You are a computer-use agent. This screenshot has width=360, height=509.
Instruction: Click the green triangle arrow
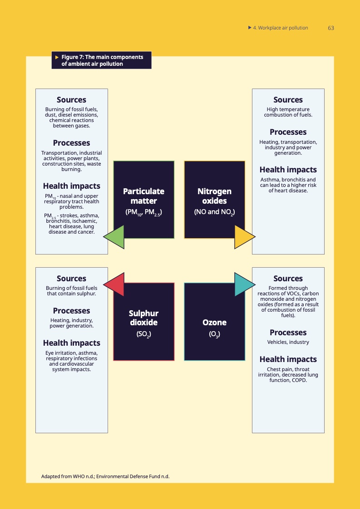tap(115, 236)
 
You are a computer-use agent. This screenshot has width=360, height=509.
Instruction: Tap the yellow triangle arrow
tap(243, 236)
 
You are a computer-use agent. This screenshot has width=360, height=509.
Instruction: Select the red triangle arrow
tap(115, 284)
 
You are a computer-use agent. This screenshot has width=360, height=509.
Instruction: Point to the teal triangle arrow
tap(243, 284)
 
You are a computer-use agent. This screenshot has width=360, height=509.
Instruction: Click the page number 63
tap(330, 28)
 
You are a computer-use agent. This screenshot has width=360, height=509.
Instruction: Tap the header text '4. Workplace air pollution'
tap(280, 28)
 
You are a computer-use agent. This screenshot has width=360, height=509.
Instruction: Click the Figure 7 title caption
tap(102, 60)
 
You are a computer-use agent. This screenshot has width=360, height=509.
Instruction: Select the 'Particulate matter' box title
tap(143, 196)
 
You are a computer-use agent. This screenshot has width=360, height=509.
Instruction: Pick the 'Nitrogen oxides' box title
tap(214, 196)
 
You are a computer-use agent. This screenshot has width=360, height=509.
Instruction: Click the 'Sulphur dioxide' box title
tap(143, 318)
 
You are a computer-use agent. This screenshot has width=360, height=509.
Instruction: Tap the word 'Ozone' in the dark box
tap(214, 323)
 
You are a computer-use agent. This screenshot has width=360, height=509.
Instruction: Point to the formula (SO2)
tap(143, 334)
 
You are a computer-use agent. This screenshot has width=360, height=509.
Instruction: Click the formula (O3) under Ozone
tap(214, 334)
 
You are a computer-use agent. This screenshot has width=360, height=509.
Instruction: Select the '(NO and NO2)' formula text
tap(214, 212)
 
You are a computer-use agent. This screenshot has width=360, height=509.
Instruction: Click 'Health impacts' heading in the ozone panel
tap(288, 359)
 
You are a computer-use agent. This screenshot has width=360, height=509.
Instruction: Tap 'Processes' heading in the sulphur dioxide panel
tap(71, 311)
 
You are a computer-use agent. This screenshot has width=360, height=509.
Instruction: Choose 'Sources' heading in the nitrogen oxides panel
tap(288, 100)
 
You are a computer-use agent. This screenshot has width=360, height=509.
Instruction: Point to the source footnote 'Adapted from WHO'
tap(105, 476)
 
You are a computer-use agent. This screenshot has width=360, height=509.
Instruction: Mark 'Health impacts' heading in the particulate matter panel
tap(71, 186)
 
